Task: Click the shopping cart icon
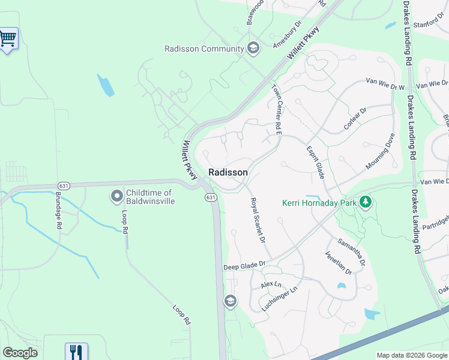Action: (7, 39)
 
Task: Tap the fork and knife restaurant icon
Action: (76, 352)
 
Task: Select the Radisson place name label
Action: (228, 172)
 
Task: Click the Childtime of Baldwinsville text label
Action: (150, 197)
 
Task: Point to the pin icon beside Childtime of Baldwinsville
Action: (116, 196)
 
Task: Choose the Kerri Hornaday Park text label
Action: (319, 202)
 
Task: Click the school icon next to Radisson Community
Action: (253, 49)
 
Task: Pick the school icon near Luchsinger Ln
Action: (231, 301)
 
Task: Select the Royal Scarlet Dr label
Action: (257, 220)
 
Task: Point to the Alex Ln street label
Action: (271, 284)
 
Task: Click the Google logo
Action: (20, 353)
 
